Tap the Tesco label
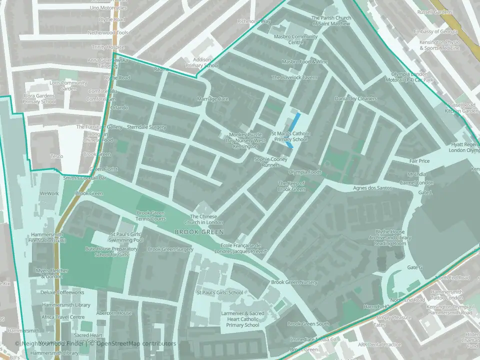click(x=56, y=156)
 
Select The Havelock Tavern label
click(x=294, y=77)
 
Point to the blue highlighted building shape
click(x=295, y=121)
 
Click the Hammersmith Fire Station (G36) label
click(x=48, y=237)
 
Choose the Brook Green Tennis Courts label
click(x=151, y=216)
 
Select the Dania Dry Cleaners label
click(x=355, y=98)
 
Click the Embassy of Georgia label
click(x=438, y=32)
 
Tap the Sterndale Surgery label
click(x=146, y=127)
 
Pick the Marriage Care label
click(x=212, y=99)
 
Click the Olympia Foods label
click(x=305, y=171)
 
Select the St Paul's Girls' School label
click(x=219, y=292)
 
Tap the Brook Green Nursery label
click(x=294, y=282)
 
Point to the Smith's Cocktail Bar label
click(x=84, y=177)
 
